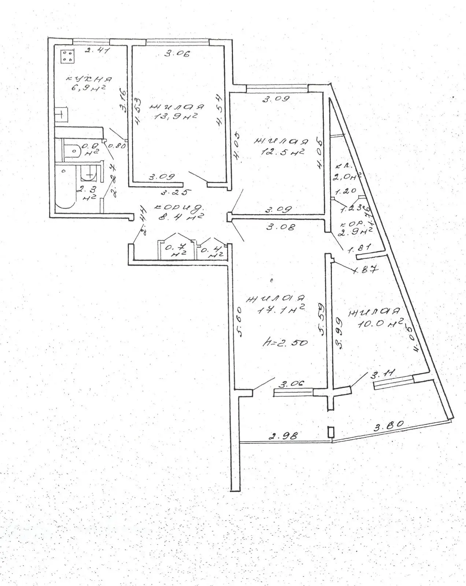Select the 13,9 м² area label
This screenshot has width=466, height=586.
click(x=178, y=117)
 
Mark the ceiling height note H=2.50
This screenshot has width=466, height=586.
click(x=285, y=343)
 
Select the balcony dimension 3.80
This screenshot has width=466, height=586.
click(x=388, y=426)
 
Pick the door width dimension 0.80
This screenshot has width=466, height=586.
click(x=118, y=145)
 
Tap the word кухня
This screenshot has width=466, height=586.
click(x=89, y=79)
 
